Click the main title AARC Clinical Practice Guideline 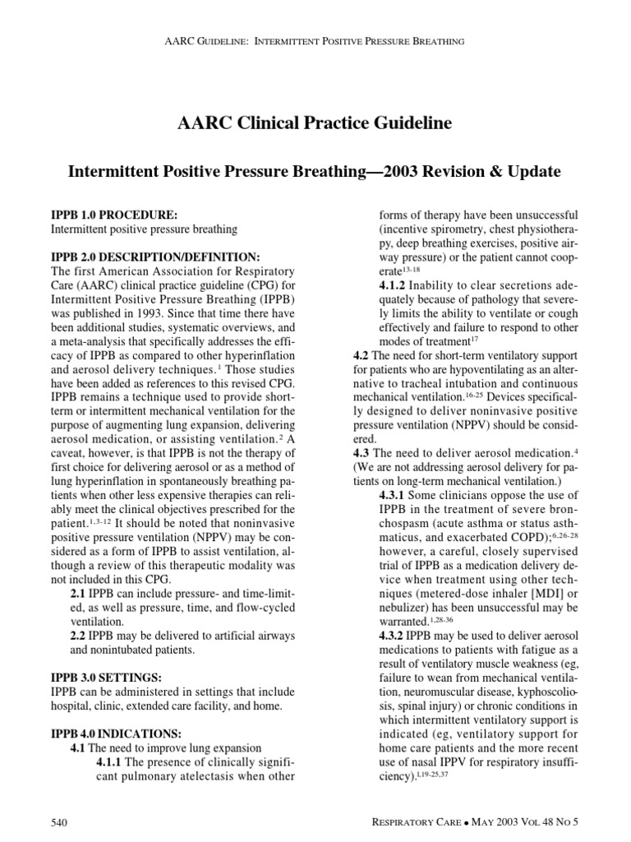coord(315,124)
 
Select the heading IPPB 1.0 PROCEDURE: coord(114,214)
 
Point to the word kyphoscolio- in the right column coord(543,692)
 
